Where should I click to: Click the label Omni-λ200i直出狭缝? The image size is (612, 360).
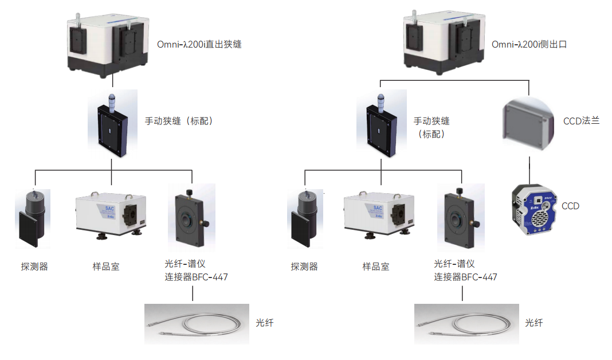[199, 44]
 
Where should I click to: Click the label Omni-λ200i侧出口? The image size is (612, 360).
[529, 44]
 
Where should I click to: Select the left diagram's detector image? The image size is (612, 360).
[33, 218]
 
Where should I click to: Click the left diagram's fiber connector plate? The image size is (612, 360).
[191, 218]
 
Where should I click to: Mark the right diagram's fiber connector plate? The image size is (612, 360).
[461, 218]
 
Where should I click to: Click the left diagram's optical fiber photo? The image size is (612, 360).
[197, 324]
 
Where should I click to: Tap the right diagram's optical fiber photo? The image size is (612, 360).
[466, 324]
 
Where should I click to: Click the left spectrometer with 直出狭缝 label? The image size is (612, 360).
[107, 43]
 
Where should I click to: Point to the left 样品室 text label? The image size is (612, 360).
[106, 267]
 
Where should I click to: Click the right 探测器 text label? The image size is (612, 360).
[304, 267]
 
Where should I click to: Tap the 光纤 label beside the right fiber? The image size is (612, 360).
[534, 323]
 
